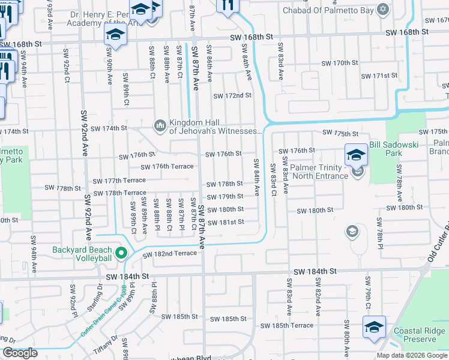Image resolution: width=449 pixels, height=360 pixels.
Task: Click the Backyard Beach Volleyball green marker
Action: click(x=121, y=254)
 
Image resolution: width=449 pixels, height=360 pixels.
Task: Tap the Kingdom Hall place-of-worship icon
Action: click(x=160, y=125)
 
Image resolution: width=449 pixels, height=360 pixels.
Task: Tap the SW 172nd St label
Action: click(x=232, y=95)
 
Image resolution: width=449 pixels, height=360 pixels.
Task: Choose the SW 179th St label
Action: click(x=224, y=197)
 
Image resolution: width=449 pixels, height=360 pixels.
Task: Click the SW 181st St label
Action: click(x=226, y=222)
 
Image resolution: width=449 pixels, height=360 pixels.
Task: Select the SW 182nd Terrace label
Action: click(x=169, y=254)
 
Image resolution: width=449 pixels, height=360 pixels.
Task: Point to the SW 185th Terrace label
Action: click(x=286, y=326)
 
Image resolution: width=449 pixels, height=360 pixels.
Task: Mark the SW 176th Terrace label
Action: click(x=167, y=167)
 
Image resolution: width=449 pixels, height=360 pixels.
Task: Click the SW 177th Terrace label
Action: click(x=119, y=180)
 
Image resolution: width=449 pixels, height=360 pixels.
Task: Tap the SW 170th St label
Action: click(x=340, y=63)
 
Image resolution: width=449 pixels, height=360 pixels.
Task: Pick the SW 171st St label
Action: click(x=380, y=76)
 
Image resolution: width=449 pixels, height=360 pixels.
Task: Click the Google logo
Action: click(x=20, y=353)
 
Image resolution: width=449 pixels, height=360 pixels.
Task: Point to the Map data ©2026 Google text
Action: click(x=411, y=355)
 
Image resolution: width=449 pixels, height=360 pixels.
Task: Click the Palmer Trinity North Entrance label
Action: click(x=319, y=172)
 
